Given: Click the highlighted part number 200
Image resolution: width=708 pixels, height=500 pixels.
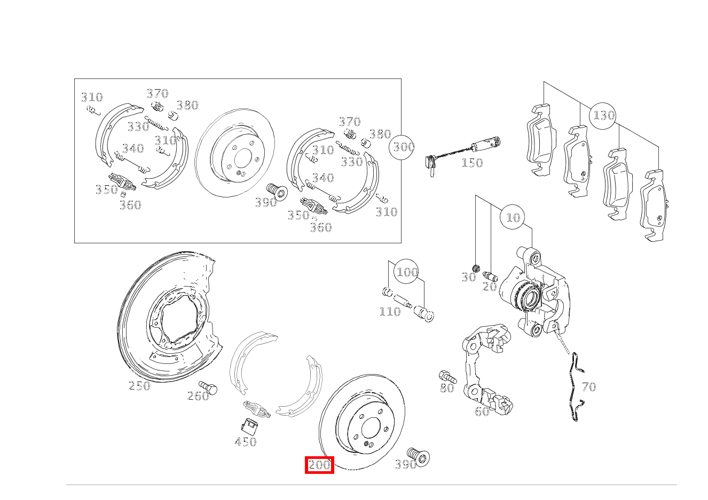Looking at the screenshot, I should click(x=319, y=465).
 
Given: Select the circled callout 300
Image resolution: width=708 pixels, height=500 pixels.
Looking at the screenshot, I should click(x=403, y=146).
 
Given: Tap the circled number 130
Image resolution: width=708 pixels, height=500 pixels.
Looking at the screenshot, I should click(x=603, y=116).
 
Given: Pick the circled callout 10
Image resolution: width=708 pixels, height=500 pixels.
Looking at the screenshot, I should click(x=513, y=218).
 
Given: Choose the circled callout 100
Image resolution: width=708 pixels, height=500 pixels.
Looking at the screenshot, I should click(x=407, y=272).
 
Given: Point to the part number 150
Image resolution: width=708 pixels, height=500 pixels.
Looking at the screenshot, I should click(x=471, y=163).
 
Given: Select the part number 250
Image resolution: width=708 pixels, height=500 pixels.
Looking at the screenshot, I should click(x=139, y=386).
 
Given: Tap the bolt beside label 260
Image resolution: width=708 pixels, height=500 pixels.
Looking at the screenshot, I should click(x=208, y=388).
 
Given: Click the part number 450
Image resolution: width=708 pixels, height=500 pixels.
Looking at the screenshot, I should click(x=245, y=442).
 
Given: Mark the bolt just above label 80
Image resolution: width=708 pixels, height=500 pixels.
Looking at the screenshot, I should click(x=447, y=376).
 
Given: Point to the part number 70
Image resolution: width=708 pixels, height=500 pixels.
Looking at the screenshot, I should click(x=588, y=387).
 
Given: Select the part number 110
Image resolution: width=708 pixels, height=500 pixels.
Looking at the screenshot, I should click(x=389, y=312).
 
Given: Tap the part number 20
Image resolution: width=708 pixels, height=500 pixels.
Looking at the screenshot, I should click(x=490, y=287).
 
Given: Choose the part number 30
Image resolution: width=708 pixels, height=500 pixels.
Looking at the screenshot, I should click(x=468, y=277).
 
